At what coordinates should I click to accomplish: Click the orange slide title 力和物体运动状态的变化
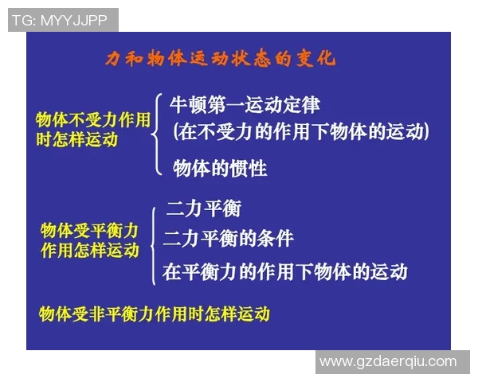coord(221,60)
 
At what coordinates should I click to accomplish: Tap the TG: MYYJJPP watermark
coord(63,20)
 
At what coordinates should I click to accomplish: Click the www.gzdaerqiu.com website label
coord(388,361)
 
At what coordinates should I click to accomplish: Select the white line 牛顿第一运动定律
coord(245,104)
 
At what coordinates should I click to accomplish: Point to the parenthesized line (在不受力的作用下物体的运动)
coord(301,131)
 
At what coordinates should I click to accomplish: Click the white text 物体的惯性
coord(220,168)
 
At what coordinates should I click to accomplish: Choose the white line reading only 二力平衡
coord(203,209)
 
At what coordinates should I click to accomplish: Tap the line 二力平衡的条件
coord(229,238)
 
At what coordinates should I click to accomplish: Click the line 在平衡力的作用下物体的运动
coord(285,271)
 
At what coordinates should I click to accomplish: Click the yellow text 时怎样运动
coord(76,139)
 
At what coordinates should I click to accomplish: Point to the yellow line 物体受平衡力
coord(89,231)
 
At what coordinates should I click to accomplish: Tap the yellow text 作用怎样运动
coord(89,250)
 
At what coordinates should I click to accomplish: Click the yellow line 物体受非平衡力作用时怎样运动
coord(155,314)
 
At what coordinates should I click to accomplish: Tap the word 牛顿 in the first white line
coord(187,104)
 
